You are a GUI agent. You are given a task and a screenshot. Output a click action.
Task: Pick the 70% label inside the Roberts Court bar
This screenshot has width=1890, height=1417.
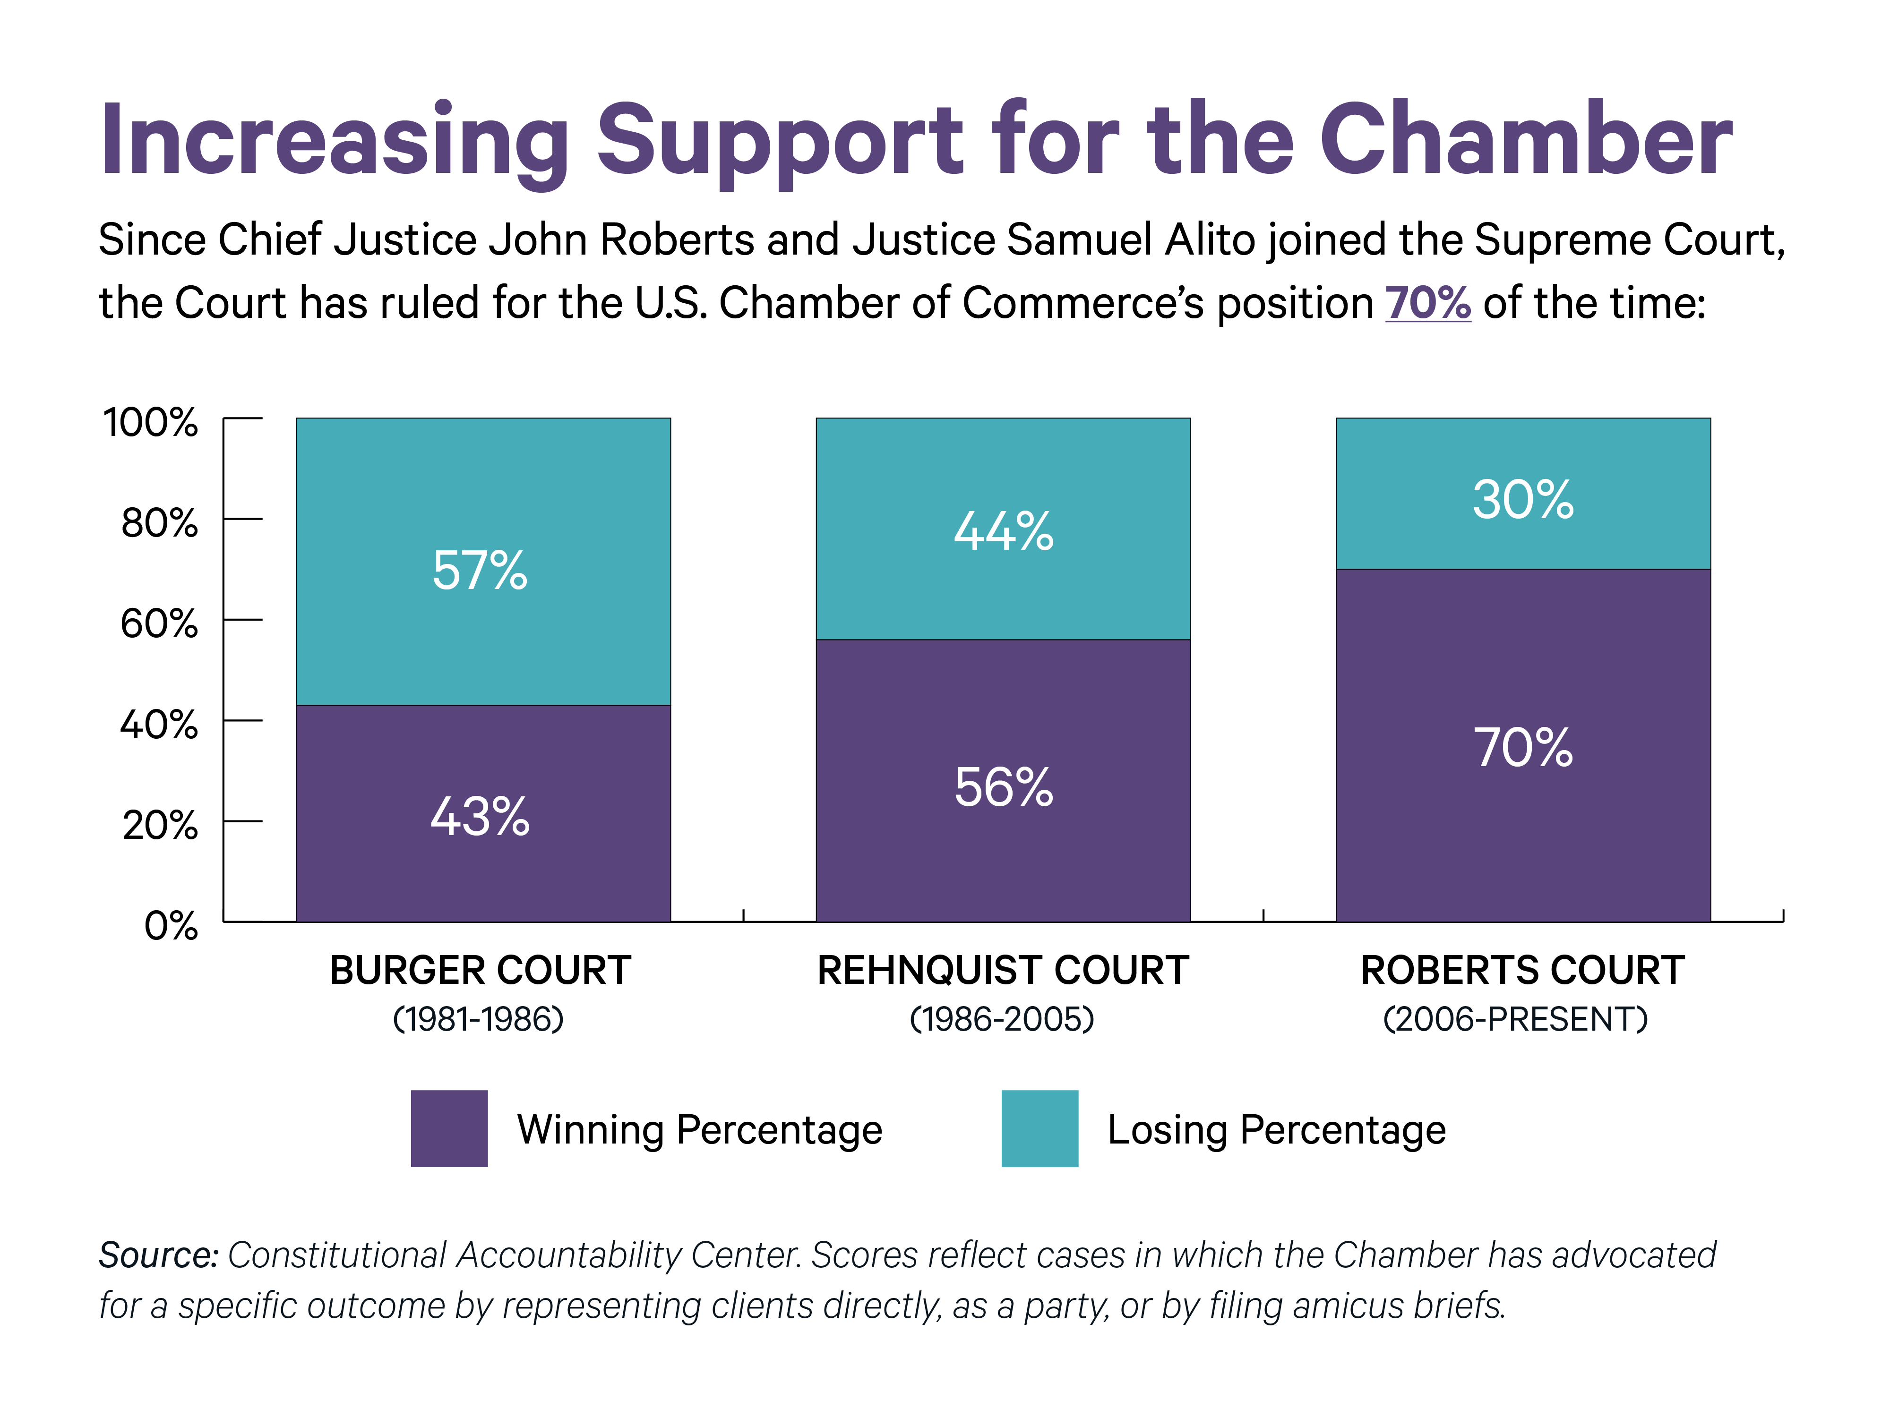[1522, 748]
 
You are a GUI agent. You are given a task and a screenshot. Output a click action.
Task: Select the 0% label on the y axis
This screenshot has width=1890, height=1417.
[171, 926]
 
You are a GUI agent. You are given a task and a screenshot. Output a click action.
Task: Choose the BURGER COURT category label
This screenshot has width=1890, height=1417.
[480, 970]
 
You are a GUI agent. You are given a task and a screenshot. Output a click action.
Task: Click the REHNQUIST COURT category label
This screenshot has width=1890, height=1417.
[1003, 970]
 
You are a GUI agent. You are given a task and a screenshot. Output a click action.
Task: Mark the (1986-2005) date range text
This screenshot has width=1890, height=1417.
[1002, 1019]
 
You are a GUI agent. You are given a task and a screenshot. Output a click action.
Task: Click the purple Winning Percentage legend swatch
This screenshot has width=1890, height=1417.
[449, 1128]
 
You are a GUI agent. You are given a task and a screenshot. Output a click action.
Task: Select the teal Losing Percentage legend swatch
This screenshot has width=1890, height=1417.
[1040, 1128]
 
